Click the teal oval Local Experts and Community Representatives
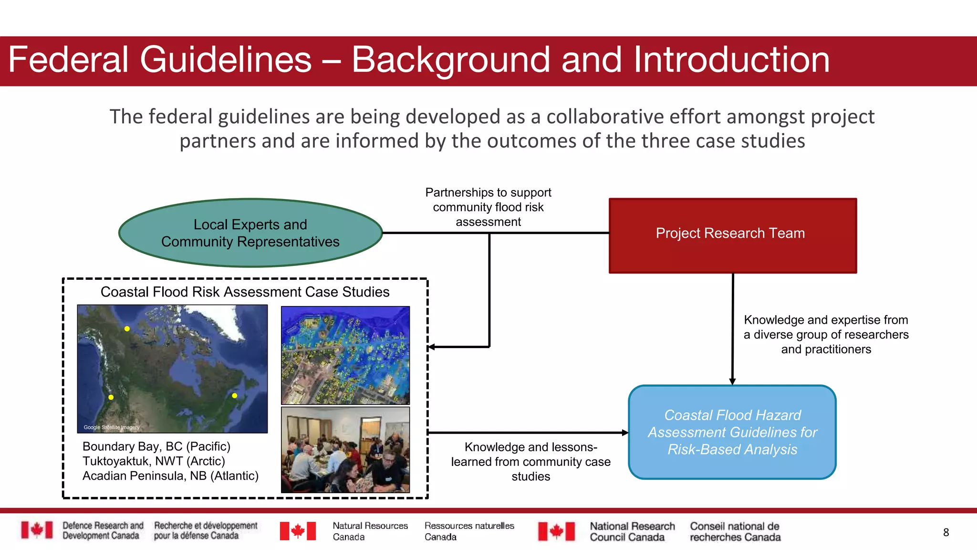tap(250, 233)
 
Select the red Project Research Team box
tap(733, 235)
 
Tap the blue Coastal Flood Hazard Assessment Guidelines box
tap(732, 432)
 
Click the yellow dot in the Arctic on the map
tap(127, 328)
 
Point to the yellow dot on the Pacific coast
tap(111, 397)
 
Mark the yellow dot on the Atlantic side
tap(235, 395)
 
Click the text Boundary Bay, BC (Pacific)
tap(156, 446)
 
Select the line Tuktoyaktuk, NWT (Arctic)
tap(154, 461)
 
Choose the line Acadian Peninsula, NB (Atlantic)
tap(170, 476)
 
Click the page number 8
tap(946, 532)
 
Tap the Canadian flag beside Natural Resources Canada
tap(298, 531)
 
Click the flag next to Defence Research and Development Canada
tap(37, 530)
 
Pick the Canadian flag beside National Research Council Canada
tap(556, 531)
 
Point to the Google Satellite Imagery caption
tap(112, 427)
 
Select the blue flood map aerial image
tap(345, 355)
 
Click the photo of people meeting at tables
tap(345, 450)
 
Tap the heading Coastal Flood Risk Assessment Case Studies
tap(245, 292)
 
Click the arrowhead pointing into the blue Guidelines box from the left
tap(625, 433)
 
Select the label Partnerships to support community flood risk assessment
tap(488, 207)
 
